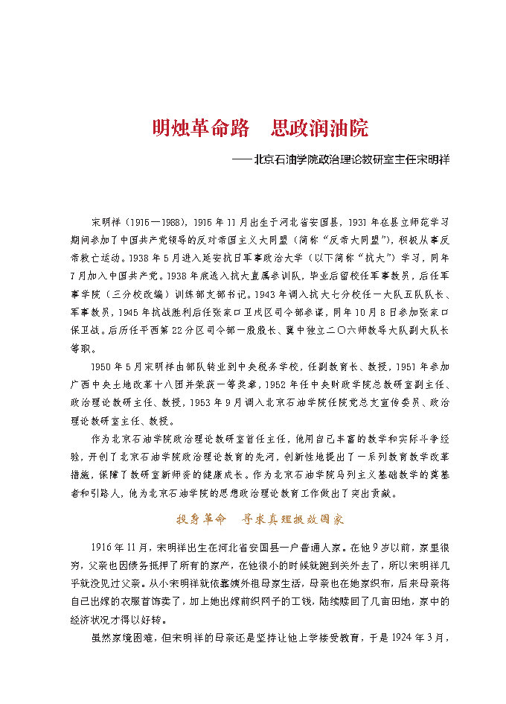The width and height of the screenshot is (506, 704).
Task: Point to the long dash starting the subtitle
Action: (x=242, y=159)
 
